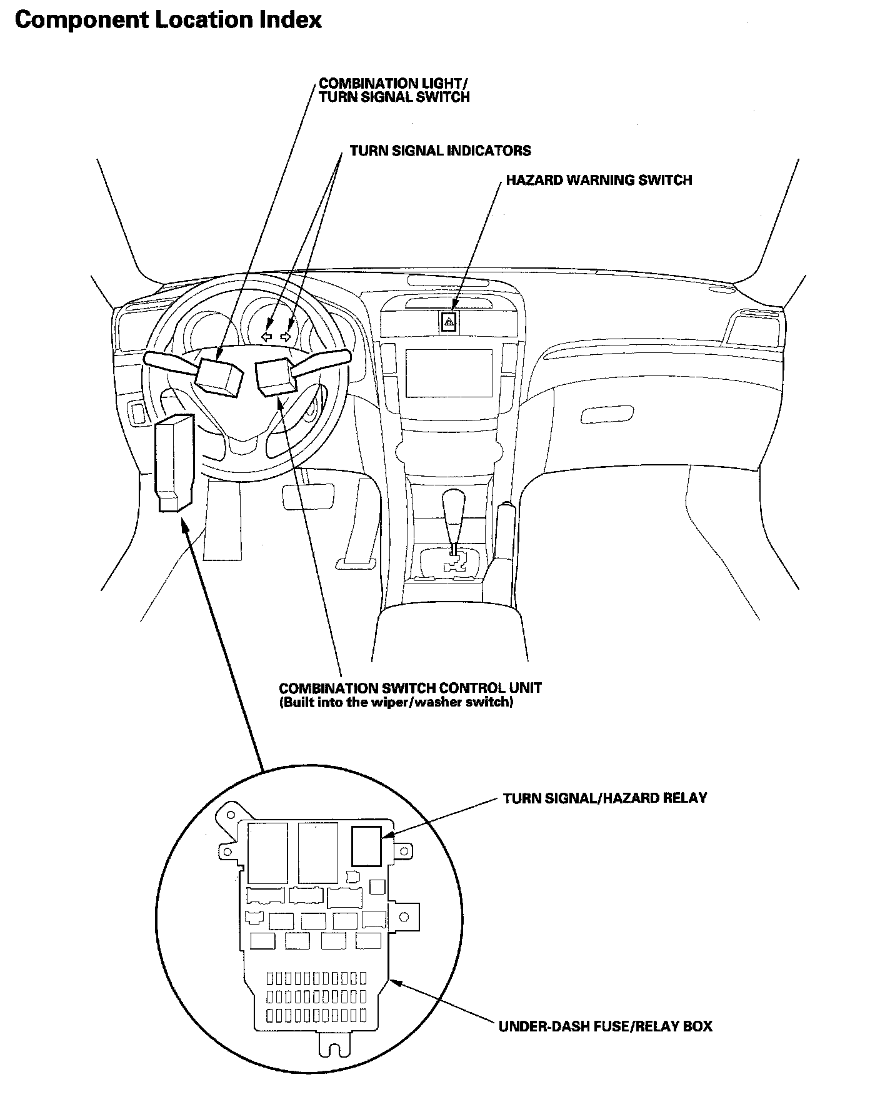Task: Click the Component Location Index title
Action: [167, 21]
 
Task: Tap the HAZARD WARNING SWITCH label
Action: [599, 181]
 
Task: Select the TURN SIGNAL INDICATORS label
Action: [440, 151]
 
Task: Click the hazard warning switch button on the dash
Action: [449, 322]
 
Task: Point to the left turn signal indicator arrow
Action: [266, 337]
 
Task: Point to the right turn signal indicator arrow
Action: [286, 337]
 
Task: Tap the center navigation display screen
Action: [449, 373]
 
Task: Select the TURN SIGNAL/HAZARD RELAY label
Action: [604, 798]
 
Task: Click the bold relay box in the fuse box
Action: [366, 846]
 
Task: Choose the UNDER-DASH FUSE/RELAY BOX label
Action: [605, 1026]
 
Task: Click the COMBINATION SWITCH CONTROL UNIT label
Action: [410, 688]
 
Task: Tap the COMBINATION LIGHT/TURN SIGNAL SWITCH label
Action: [394, 90]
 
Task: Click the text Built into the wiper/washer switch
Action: [396, 703]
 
